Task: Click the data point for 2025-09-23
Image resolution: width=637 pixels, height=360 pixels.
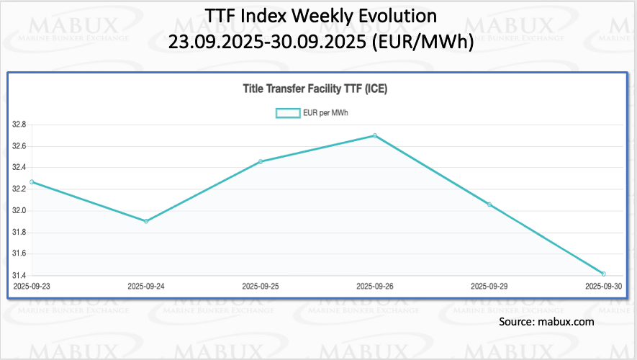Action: [32, 181]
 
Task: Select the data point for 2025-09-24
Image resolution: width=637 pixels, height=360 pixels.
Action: [146, 221]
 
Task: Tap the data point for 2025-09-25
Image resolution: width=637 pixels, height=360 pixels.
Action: [260, 161]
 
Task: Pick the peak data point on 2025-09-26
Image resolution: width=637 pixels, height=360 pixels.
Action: [374, 135]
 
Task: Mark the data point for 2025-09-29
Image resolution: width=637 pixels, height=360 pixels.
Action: [489, 204]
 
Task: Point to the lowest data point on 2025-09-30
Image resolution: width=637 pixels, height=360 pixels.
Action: [603, 274]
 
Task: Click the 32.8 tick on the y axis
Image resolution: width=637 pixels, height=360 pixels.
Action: [19, 125]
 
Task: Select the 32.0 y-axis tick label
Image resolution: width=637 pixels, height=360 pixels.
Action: [19, 211]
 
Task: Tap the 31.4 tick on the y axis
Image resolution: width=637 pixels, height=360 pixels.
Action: [19, 276]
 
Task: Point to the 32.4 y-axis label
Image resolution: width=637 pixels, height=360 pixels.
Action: [19, 168]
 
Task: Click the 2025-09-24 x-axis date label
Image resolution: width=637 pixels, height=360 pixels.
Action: [146, 287]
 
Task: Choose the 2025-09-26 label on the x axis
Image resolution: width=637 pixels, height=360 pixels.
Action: [374, 287]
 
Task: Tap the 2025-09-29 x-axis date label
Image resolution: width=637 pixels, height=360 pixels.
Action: [489, 287]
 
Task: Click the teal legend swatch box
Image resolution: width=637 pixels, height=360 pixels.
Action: [288, 112]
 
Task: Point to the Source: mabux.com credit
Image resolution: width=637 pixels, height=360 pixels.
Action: [547, 322]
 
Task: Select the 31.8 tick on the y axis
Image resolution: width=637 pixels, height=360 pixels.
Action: [19, 233]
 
